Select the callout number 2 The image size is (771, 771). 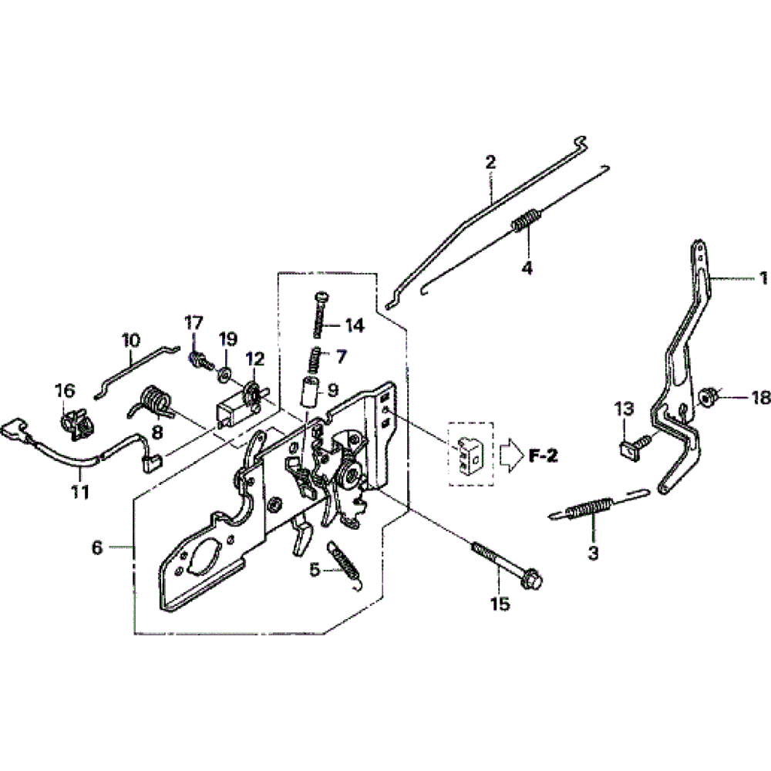tap(490, 163)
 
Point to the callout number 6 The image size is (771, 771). tap(96, 547)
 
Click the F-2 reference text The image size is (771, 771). tap(543, 456)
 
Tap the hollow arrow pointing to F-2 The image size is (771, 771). tap(510, 456)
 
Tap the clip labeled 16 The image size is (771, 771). tap(73, 425)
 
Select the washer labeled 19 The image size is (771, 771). tap(224, 375)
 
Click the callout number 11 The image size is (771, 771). tap(80, 491)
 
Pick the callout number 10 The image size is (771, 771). tap(130, 338)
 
